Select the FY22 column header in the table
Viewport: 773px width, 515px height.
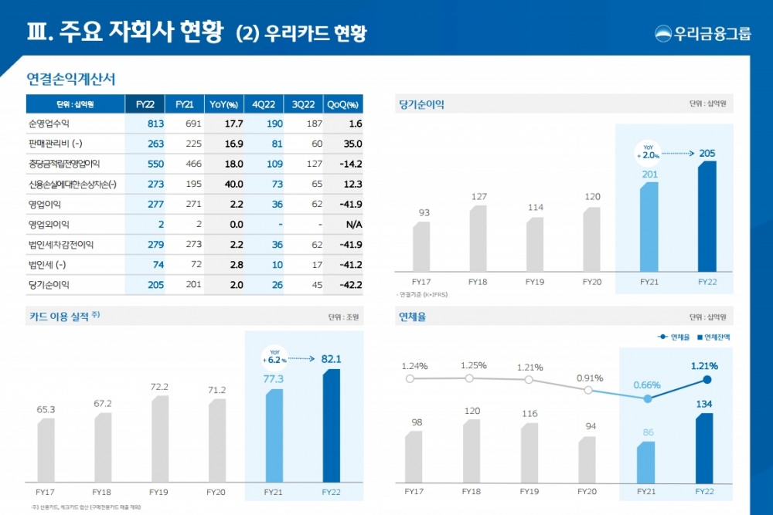point(145,104)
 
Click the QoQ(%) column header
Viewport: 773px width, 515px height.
point(343,104)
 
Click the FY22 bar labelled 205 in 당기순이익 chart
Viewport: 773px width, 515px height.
point(707,215)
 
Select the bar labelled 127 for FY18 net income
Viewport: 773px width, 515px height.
point(478,238)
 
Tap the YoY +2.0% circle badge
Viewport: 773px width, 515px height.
point(647,151)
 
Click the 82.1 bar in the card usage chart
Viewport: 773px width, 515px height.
point(331,425)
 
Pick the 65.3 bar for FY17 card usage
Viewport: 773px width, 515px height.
point(46,449)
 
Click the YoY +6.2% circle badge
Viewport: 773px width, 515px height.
point(276,356)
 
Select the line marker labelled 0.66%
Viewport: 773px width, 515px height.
point(648,399)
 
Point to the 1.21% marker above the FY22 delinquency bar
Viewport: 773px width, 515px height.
point(707,379)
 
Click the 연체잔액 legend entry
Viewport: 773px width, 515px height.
point(714,337)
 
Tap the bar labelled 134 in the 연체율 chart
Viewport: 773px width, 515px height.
point(704,448)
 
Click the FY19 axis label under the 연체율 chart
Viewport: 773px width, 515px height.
point(529,491)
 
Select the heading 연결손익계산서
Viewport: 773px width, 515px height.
point(70,79)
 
